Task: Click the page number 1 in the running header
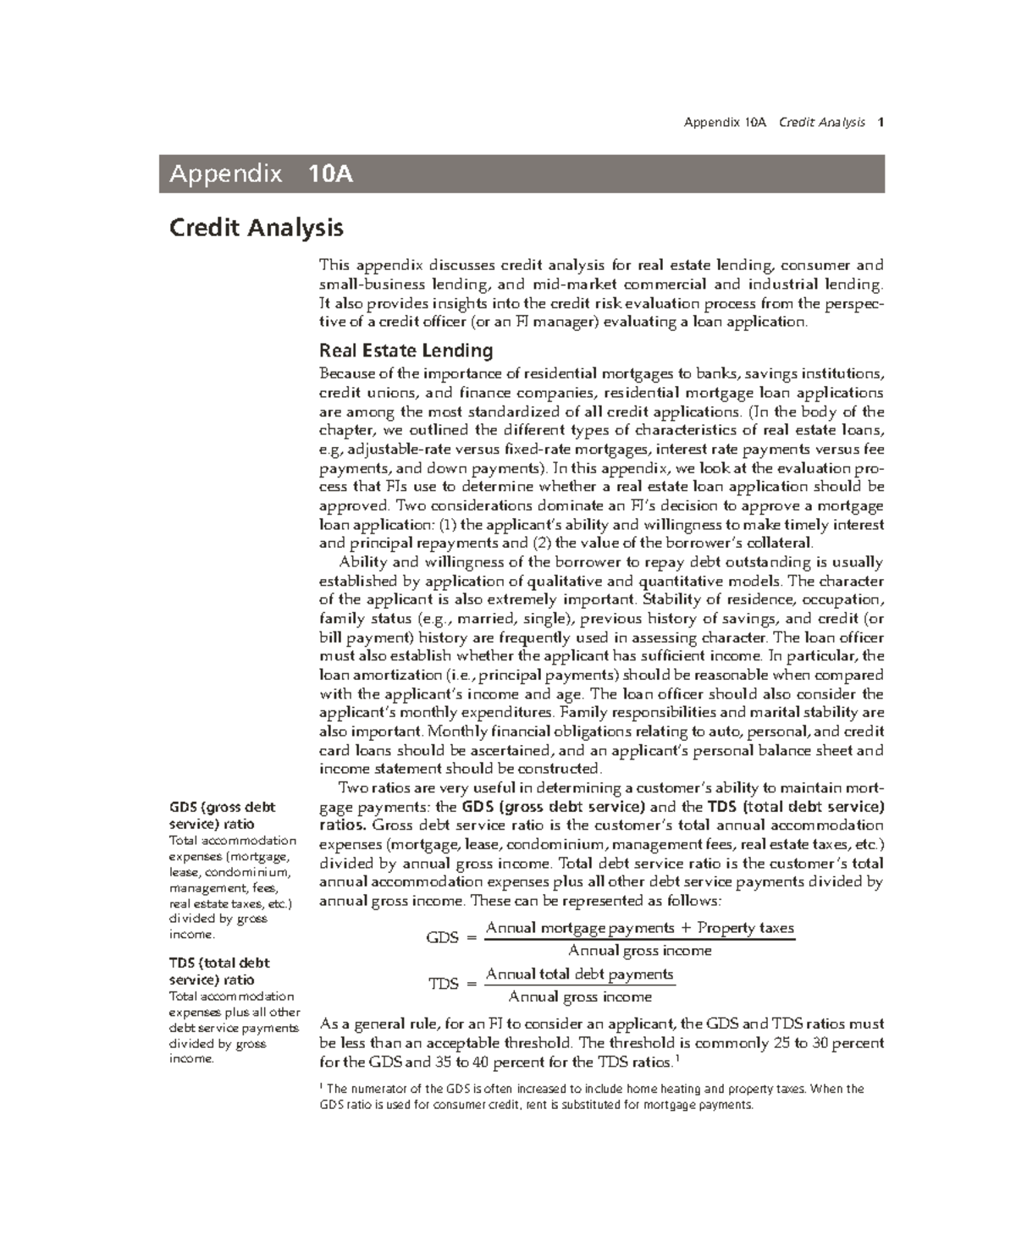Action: (x=881, y=123)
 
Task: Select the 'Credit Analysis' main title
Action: (x=256, y=228)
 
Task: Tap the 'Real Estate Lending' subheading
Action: (x=405, y=351)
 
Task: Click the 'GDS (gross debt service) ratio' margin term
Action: (x=222, y=815)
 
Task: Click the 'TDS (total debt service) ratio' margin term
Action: (x=219, y=971)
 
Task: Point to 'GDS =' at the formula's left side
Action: (x=452, y=937)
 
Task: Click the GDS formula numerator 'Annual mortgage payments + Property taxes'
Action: (x=639, y=928)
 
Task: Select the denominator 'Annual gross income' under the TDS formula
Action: (x=580, y=997)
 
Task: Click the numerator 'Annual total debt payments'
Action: (x=580, y=974)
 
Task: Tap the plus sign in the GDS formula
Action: (x=686, y=928)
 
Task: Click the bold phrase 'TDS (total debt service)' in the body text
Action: (x=795, y=807)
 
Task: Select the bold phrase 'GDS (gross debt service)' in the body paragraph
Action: (x=553, y=807)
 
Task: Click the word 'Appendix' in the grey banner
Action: (x=225, y=174)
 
